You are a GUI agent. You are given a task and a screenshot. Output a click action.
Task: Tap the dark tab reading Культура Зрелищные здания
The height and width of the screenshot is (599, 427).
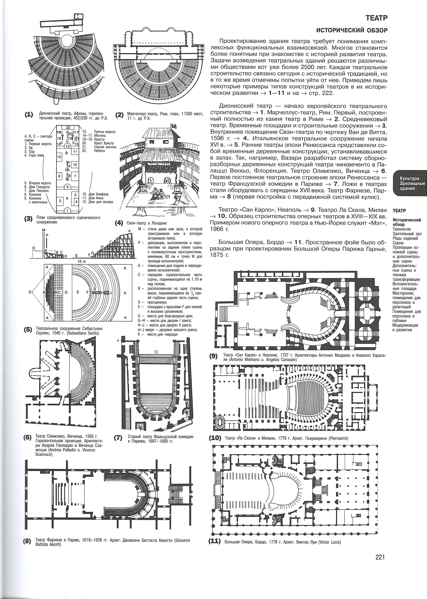pyautogui.click(x=409, y=183)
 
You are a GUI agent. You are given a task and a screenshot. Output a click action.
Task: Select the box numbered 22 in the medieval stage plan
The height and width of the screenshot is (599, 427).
pyautogui.click(x=68, y=127)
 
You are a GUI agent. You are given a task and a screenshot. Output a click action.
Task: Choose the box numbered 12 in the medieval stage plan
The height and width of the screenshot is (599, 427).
pyautogui.click(x=59, y=157)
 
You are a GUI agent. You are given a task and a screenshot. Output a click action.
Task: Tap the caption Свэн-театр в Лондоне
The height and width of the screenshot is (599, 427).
pyautogui.click(x=146, y=223)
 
